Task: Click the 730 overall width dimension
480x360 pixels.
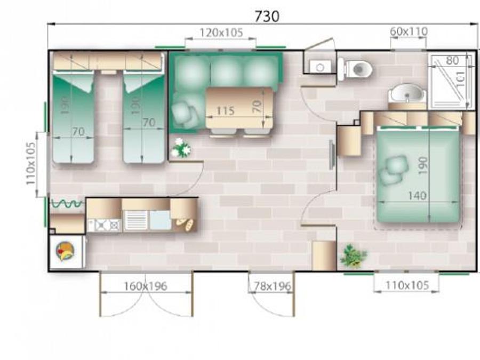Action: (x=267, y=16)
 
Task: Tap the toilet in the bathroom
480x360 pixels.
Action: (x=355, y=69)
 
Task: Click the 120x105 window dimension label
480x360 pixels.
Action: (x=221, y=33)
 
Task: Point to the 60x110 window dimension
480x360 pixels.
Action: (x=409, y=31)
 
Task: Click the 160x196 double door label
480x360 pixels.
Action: (x=146, y=286)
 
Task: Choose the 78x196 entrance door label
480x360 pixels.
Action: (x=273, y=286)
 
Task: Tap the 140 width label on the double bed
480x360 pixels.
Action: (x=417, y=195)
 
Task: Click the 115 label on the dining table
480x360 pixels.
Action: (x=225, y=111)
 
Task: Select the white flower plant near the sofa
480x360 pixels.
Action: (x=181, y=148)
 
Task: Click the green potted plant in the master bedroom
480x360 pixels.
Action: (x=353, y=255)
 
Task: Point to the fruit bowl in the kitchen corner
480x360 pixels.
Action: (x=65, y=251)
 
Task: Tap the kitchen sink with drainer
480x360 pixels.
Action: (x=147, y=220)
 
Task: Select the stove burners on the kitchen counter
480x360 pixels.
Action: (x=105, y=225)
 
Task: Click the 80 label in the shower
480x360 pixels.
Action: (x=452, y=61)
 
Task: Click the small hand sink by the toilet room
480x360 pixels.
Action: (x=320, y=67)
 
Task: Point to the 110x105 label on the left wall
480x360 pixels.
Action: (x=30, y=164)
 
